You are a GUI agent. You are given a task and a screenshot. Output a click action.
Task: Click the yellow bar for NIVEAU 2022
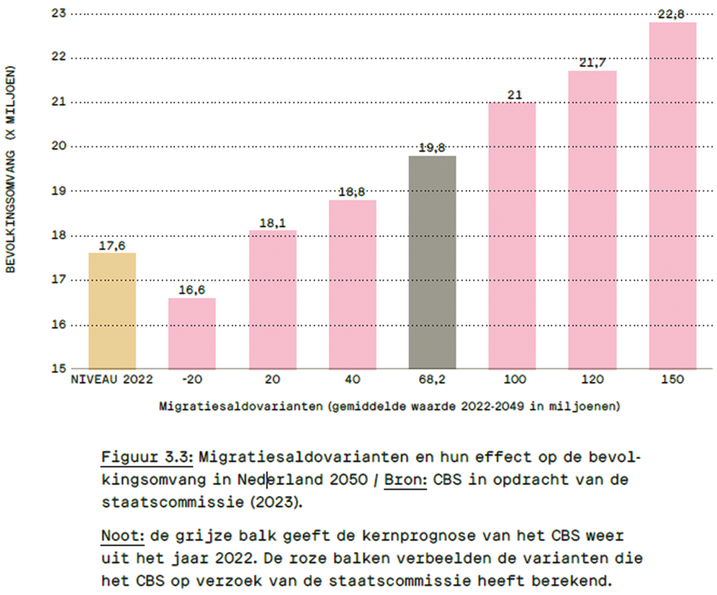(112, 311)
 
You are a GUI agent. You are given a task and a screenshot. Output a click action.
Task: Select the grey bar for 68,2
(432, 262)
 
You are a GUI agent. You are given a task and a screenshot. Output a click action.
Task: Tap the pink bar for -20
(192, 334)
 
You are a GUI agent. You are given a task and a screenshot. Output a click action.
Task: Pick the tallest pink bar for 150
(672, 195)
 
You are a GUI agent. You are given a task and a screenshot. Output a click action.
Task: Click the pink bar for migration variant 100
(512, 235)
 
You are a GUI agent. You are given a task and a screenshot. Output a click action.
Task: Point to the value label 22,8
(671, 15)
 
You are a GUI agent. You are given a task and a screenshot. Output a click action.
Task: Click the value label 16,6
(192, 290)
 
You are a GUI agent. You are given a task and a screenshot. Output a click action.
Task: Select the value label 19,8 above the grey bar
(432, 148)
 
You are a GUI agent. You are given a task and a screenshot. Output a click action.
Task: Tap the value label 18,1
(272, 223)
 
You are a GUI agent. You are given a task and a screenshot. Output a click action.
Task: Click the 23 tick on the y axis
(59, 13)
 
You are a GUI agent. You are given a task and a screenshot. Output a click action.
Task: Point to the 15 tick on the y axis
(59, 368)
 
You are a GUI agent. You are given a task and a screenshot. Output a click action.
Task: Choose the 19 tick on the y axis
(59, 191)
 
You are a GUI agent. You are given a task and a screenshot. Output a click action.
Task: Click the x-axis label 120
(592, 379)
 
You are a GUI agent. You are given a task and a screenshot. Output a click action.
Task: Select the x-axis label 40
(352, 379)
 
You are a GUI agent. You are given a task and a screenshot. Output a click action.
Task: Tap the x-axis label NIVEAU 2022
(112, 379)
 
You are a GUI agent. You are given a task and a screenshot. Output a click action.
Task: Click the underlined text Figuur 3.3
(146, 457)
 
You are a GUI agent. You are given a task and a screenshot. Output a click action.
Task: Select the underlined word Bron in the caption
(405, 480)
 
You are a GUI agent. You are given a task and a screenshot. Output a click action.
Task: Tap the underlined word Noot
(122, 536)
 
